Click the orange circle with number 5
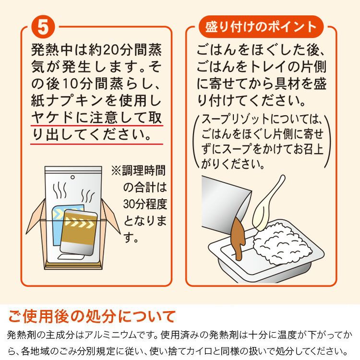click(43, 27)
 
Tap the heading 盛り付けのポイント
click(261, 26)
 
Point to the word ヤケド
click(52, 118)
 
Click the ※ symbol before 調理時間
click(116, 170)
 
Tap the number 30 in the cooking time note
click(129, 204)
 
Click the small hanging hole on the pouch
click(72, 177)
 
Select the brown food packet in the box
click(79, 232)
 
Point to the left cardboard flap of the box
click(36, 216)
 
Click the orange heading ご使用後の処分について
click(92, 316)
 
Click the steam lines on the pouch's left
click(60, 190)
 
